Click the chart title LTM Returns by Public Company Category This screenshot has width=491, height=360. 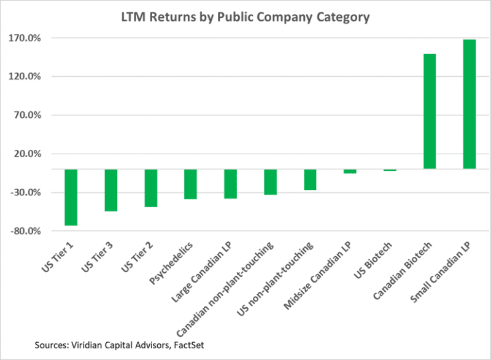(x=245, y=17)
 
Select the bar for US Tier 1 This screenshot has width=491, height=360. (x=71, y=197)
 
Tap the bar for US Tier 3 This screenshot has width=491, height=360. (x=110, y=190)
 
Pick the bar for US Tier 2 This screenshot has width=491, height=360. (x=150, y=187)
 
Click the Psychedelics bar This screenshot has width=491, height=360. (x=190, y=184)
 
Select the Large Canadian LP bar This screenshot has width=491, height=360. (x=230, y=183)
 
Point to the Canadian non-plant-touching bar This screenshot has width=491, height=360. (x=270, y=181)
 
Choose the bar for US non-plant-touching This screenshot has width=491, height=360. (x=310, y=179)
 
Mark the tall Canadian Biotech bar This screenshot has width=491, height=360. (x=430, y=111)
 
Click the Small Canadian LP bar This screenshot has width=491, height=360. (x=470, y=104)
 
